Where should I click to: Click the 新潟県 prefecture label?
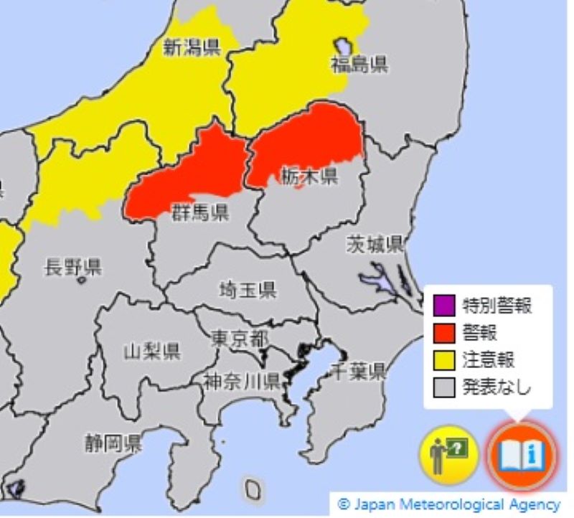(192, 48)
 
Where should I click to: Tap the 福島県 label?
(359, 65)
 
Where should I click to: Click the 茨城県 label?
(375, 244)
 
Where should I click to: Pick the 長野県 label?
(73, 268)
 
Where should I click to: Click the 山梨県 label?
(151, 352)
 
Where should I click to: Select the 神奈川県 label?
(241, 380)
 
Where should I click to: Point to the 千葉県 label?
(357, 372)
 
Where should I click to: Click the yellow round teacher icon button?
(449, 455)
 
